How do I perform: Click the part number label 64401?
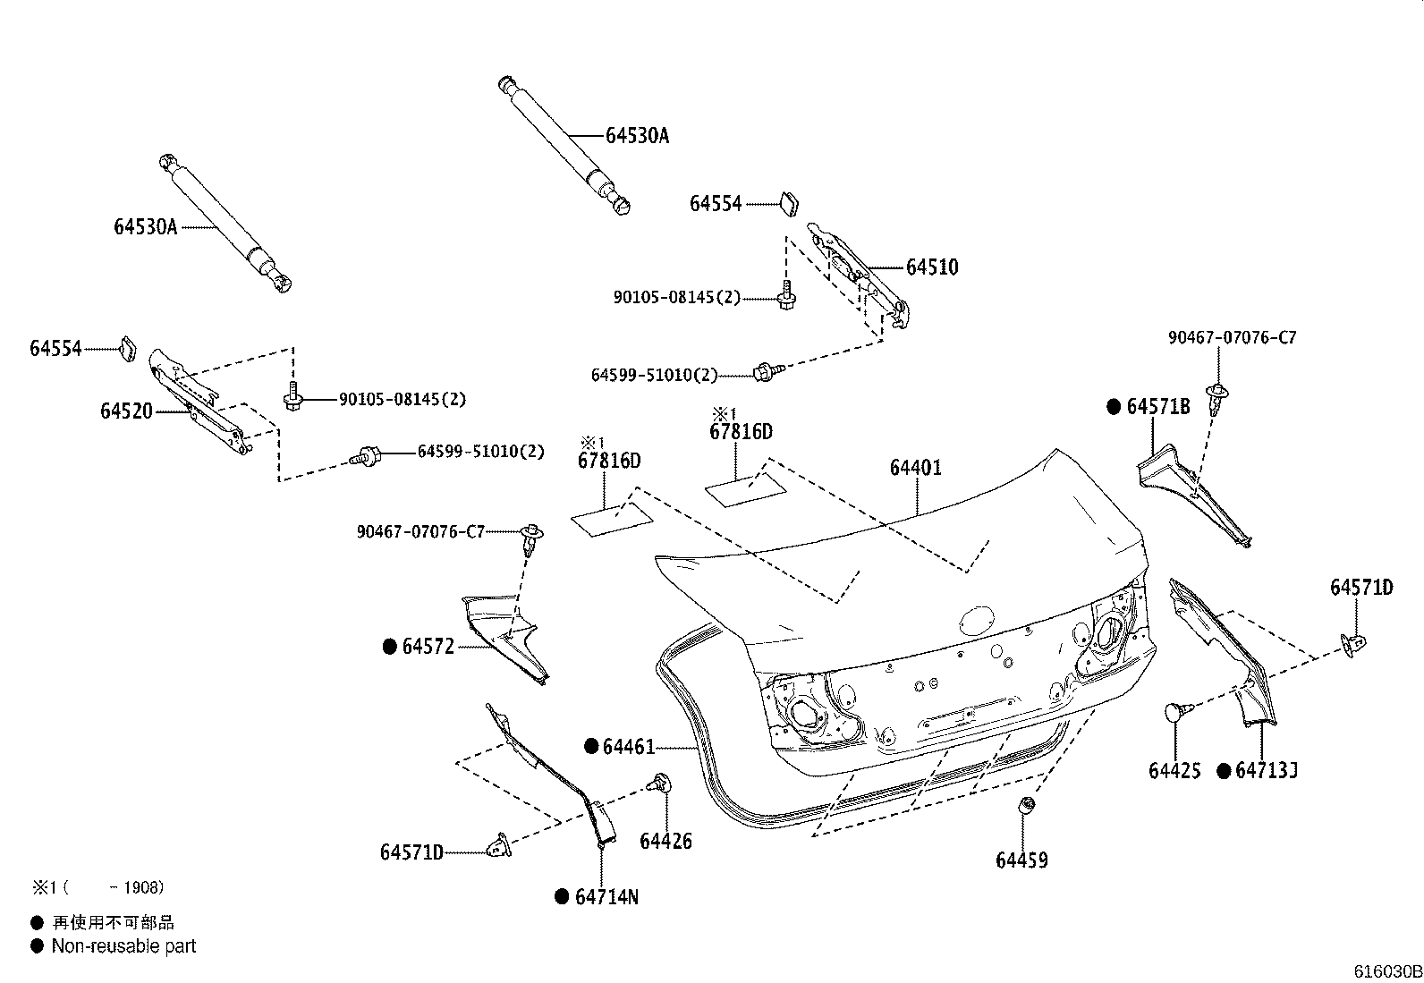point(915,468)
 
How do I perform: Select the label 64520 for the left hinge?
point(126,411)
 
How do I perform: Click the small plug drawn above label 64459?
point(1028,805)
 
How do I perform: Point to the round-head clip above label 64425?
point(1177,712)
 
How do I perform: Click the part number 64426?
point(665,841)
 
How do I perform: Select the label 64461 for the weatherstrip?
point(629,746)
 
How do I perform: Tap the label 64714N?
point(606,896)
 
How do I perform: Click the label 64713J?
point(1266,770)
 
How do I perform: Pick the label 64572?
point(428,646)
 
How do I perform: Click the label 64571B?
point(1157,407)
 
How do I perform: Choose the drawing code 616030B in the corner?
point(1386,971)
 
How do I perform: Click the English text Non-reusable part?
point(123,946)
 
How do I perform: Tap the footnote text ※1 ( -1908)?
point(98,888)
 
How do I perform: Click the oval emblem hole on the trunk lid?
point(977,621)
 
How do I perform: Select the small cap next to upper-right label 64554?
point(789,203)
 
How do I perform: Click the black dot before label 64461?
point(591,746)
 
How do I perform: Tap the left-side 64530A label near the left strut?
point(145,227)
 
